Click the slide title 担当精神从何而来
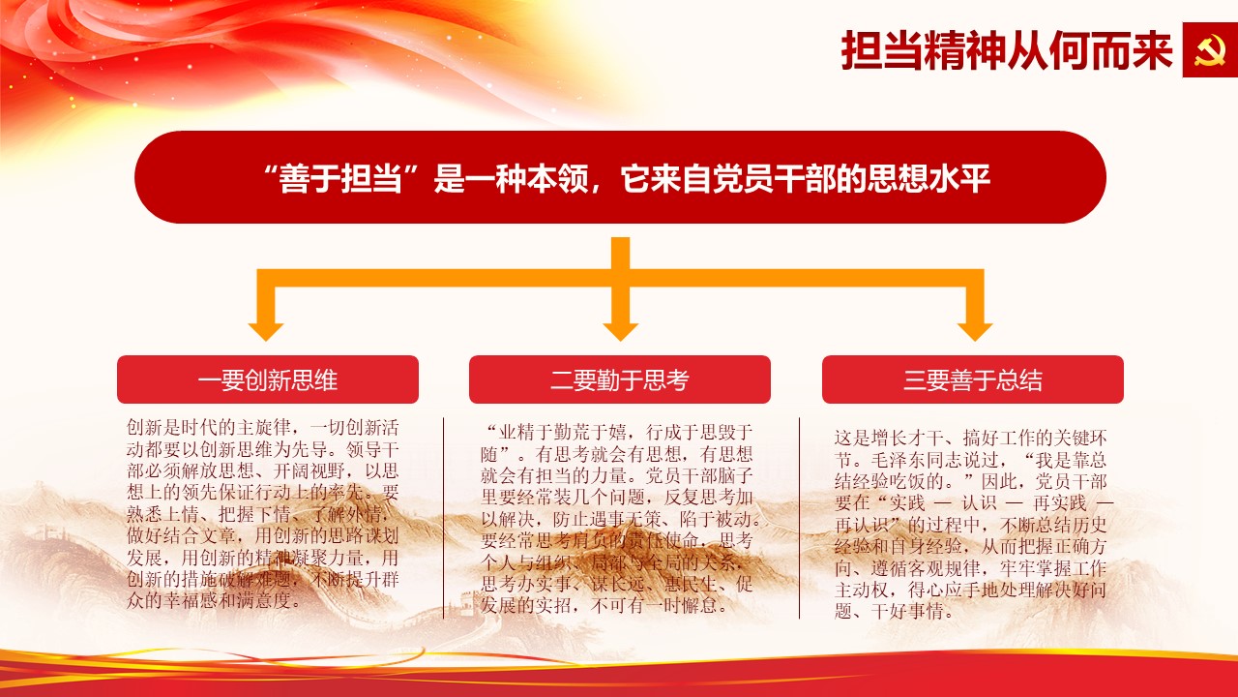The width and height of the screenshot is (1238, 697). point(1007,50)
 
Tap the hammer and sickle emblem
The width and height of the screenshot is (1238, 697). point(1210,49)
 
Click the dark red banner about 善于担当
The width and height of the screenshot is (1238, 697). point(620,177)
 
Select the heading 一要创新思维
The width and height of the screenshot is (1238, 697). point(268,379)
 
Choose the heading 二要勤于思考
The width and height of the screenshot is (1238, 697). point(620,379)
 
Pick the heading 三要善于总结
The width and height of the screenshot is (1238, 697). point(973,379)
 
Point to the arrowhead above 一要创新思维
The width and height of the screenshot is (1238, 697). point(266,331)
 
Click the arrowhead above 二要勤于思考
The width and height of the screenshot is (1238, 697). point(620,331)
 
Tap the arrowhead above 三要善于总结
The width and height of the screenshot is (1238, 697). point(975,331)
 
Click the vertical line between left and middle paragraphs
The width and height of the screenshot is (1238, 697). point(443,518)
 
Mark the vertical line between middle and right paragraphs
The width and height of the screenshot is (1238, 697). point(799,518)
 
